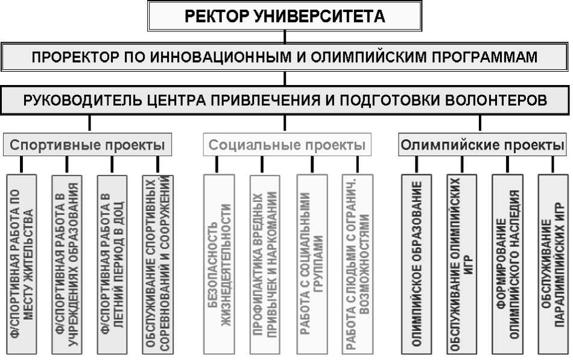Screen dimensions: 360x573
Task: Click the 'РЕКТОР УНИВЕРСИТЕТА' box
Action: tap(285, 16)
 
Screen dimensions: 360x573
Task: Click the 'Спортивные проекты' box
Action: tap(88, 145)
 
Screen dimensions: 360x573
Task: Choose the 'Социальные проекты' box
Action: tap(287, 145)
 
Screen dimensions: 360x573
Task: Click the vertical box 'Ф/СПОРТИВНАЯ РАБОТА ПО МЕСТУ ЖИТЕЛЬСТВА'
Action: tap(22, 263)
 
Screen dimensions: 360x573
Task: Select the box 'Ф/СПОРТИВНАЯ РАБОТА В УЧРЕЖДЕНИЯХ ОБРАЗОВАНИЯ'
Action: tap(68, 263)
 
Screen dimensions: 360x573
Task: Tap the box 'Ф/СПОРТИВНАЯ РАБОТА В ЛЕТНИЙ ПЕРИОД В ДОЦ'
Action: tap(112, 263)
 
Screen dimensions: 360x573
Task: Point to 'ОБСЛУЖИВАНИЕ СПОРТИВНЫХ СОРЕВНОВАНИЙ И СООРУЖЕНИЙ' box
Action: tap(158, 263)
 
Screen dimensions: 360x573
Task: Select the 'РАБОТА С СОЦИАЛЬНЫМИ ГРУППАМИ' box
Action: tap(311, 263)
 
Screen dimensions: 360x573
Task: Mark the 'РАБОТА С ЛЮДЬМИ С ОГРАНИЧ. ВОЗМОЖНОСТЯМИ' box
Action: tap(357, 263)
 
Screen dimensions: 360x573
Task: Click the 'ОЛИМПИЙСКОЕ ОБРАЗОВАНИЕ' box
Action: tap(416, 263)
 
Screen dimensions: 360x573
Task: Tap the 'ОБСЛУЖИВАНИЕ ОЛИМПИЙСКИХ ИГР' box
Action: tap(462, 263)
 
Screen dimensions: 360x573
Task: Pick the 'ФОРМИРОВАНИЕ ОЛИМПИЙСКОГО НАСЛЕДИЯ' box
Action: tap(507, 263)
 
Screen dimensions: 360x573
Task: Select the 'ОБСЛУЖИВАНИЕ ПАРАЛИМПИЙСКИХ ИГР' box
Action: tap(553, 263)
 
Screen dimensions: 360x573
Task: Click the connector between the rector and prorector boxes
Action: tap(285, 37)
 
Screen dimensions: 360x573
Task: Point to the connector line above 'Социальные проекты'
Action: tap(285, 124)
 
